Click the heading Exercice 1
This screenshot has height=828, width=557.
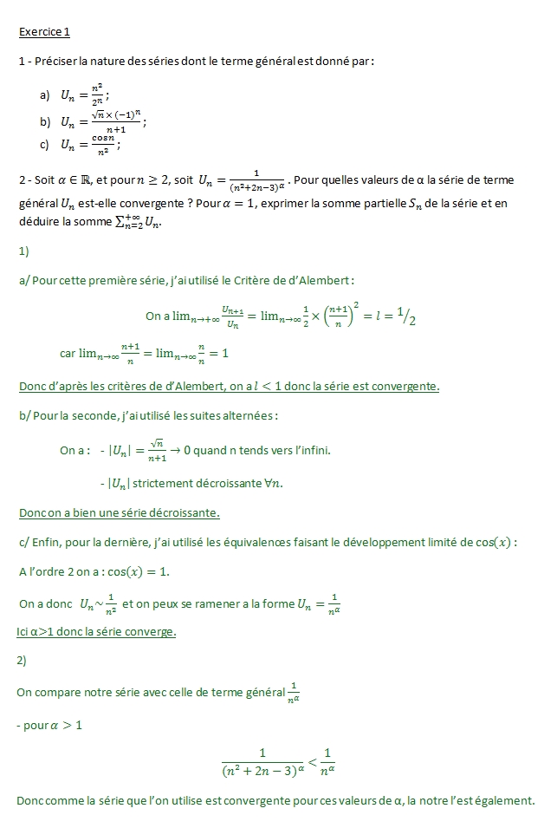coord(43,33)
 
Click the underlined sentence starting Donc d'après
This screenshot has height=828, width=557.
coord(229,386)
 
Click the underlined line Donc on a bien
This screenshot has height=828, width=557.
coord(119,512)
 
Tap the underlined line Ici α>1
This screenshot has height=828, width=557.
coord(96,631)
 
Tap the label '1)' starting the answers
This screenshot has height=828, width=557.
coord(23,251)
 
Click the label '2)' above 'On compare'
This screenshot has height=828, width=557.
coord(23,661)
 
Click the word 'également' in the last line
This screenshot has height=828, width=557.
coord(507,800)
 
